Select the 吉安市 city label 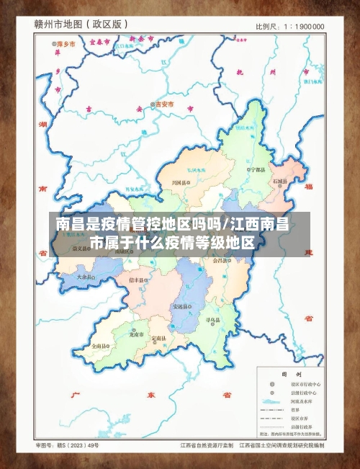(x=164, y=104)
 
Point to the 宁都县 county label (x=257, y=169)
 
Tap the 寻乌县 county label (x=212, y=318)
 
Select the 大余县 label (x=85, y=277)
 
